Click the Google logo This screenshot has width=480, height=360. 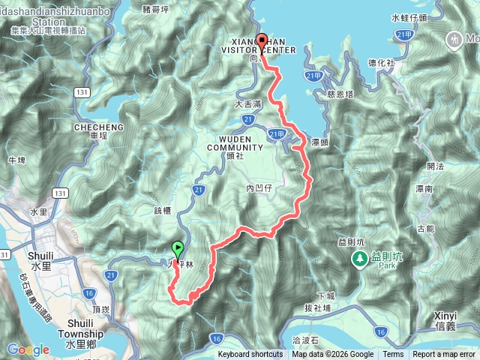(28, 349)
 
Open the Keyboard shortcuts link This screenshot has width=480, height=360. (250, 355)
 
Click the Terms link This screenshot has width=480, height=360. (393, 355)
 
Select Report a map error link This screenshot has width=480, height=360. (443, 355)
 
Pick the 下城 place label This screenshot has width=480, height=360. (325, 295)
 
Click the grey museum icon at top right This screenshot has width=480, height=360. (454, 38)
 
